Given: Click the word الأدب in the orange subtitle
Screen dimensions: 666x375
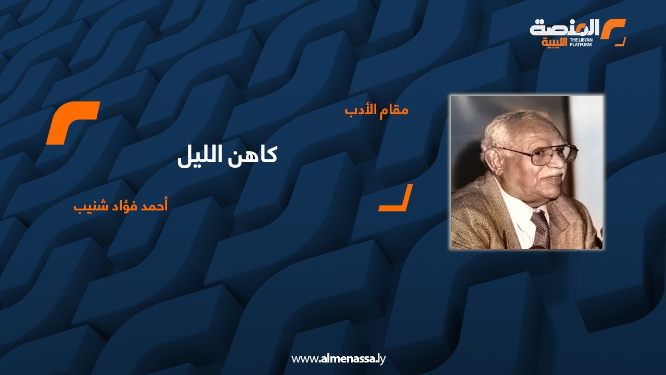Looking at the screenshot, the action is [361, 110].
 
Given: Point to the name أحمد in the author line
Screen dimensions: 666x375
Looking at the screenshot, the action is [154, 206].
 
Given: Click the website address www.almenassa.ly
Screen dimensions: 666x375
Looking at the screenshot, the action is [338, 359].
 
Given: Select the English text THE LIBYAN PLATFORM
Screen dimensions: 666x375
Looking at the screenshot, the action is [581, 42].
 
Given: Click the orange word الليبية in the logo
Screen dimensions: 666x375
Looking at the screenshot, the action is [555, 43].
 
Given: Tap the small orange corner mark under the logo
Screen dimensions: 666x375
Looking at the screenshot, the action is [621, 43].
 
